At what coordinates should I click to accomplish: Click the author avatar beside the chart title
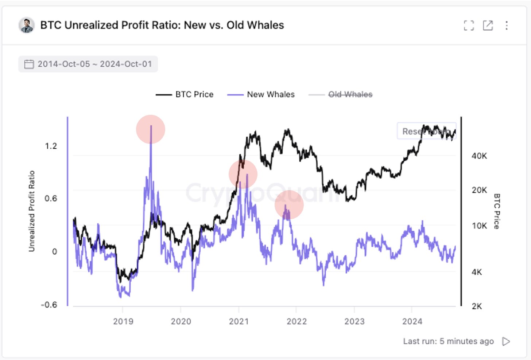coord(27,25)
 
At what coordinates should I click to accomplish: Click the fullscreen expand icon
coord(469,25)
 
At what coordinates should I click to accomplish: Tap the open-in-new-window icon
coord(488,25)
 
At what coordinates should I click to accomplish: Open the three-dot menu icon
coord(507,25)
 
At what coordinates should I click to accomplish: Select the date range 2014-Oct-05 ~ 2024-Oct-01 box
coord(88,64)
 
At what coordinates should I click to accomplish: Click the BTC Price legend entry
coord(185,94)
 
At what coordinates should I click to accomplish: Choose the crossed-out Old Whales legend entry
coord(341,94)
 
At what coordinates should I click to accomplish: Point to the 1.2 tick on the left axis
coord(51,146)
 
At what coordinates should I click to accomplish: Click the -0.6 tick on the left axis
coord(49,305)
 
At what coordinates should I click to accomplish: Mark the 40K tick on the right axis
coord(479,156)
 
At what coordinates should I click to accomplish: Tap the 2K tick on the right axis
coord(477,306)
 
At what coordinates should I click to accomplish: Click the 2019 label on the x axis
coord(123,321)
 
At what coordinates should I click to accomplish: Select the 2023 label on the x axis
coord(354,321)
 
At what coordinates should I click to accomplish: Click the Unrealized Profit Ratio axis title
coord(32,211)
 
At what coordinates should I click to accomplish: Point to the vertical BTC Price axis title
coord(496,211)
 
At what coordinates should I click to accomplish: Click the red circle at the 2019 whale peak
coord(151,129)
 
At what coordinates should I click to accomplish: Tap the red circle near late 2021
coord(289,205)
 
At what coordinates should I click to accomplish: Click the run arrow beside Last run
coord(506,341)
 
